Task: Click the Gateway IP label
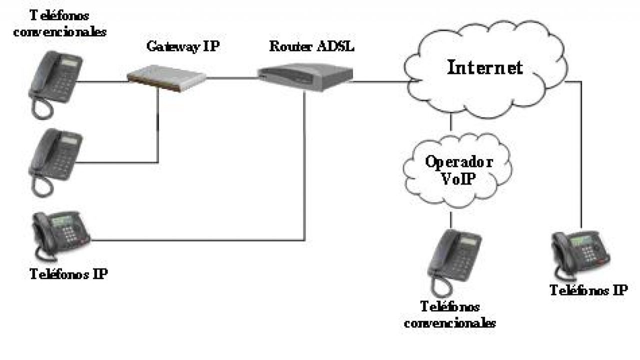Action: [183, 46]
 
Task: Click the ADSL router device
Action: [305, 76]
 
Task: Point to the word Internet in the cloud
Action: [484, 67]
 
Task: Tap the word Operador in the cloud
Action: [458, 162]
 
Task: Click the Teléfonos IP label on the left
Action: [68, 274]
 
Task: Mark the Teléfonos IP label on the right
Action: [588, 290]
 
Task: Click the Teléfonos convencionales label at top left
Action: [60, 24]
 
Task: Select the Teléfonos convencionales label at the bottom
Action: [450, 314]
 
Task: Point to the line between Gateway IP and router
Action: [232, 77]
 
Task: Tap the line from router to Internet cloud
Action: [377, 81]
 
